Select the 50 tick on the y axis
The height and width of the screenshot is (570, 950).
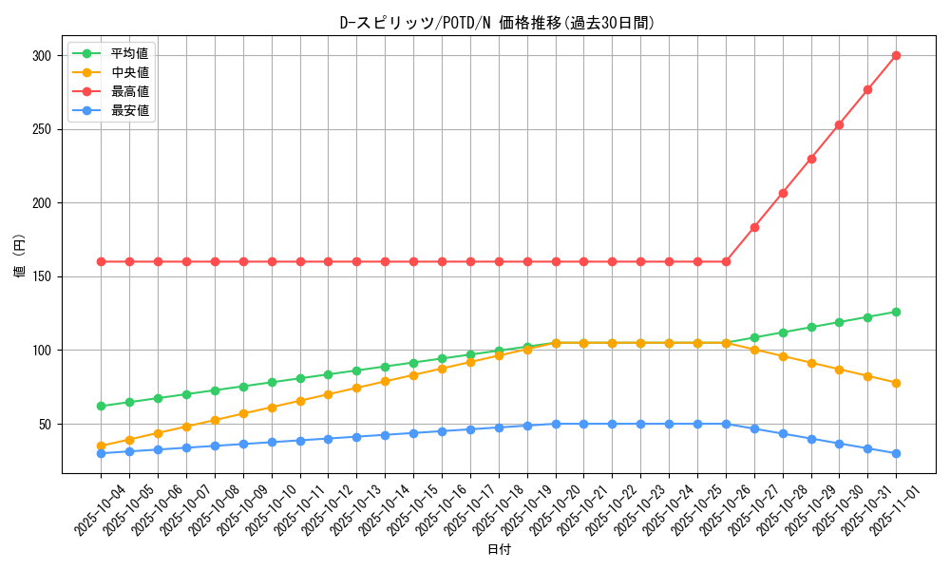[45, 425]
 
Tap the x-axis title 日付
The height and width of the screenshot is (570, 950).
[499, 550]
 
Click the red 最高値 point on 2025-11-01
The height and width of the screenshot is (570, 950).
[896, 55]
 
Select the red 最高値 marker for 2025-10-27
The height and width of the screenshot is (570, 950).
[754, 227]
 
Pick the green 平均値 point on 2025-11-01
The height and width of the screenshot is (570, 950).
[896, 312]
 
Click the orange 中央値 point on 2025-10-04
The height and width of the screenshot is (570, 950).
[101, 446]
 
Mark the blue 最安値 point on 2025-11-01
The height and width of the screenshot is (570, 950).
[896, 453]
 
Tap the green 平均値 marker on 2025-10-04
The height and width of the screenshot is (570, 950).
[101, 406]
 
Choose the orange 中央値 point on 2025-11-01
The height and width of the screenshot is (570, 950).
[896, 383]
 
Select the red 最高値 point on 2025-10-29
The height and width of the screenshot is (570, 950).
[811, 159]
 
